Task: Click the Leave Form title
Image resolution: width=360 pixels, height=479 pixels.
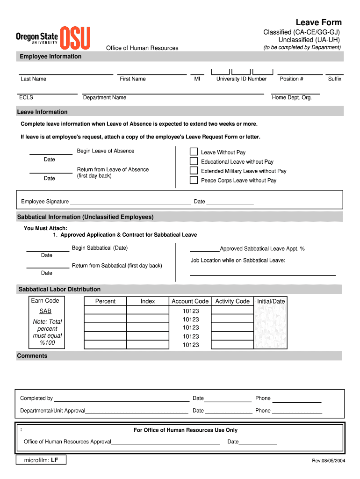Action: coord(318,22)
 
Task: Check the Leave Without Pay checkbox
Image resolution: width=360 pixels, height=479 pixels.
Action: coord(194,152)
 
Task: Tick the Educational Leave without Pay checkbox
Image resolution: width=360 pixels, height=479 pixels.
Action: coord(194,161)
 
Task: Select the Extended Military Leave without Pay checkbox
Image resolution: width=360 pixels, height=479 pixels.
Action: coord(194,171)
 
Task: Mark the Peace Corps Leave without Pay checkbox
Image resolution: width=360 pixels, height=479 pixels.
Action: coord(194,180)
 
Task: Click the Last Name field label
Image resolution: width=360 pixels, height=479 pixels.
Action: coord(33,79)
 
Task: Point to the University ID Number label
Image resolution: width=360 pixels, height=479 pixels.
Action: coord(241,79)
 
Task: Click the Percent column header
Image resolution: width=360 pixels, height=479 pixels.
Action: coord(105,301)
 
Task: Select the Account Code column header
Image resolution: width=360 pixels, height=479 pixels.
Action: coord(190,301)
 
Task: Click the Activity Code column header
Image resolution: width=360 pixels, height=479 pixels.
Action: coord(232,301)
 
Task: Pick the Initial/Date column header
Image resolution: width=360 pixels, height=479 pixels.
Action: coord(271,301)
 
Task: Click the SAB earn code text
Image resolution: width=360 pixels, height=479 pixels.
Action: coord(45,311)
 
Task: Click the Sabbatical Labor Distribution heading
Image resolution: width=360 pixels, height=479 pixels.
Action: coord(59,290)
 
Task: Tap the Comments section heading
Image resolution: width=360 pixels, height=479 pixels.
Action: coord(32,356)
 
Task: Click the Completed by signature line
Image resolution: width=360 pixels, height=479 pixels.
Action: coord(122,399)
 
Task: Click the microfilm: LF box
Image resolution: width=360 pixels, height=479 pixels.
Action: coord(41,460)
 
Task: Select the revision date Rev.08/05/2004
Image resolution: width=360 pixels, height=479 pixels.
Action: coord(329,461)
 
